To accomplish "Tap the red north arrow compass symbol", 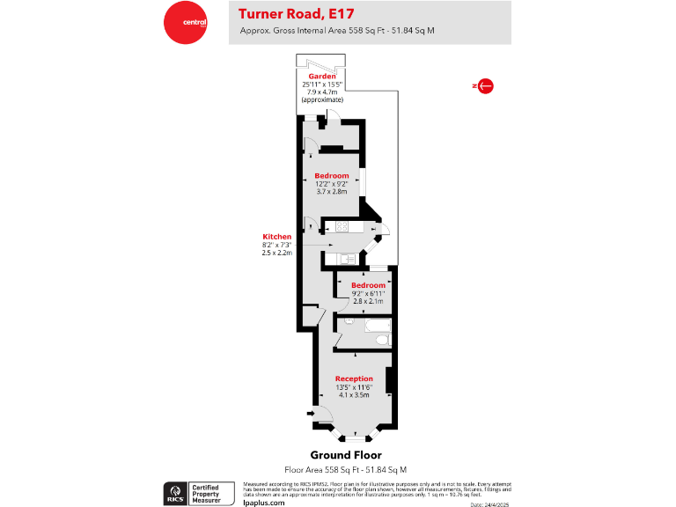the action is tap(482, 85).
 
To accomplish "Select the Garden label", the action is tap(323, 77).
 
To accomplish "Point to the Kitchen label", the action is tap(276, 237).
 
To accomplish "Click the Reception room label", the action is tap(354, 378).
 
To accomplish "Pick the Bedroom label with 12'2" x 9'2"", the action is tap(332, 176).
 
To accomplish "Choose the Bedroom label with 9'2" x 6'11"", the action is tap(368, 285).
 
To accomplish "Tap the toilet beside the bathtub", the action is tap(350, 324).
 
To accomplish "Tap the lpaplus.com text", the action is tap(264, 502).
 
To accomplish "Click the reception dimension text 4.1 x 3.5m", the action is tap(354, 395).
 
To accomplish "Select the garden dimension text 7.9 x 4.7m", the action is tap(323, 92).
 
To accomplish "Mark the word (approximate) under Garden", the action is tap(323, 100).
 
